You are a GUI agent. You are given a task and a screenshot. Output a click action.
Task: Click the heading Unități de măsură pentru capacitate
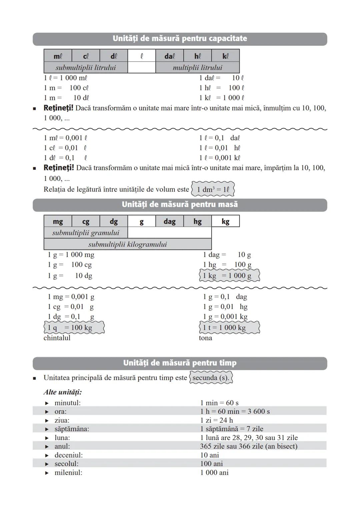coord(180,39)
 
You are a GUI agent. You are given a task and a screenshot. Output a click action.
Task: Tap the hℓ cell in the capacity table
coord(197,56)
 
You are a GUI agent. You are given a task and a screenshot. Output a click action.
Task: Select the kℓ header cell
coord(225,56)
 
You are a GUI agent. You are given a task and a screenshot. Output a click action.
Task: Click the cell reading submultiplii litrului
coord(86,68)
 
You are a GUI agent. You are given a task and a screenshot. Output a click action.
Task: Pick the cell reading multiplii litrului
coord(197,68)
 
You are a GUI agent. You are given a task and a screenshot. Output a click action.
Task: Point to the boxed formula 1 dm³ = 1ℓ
coord(213,189)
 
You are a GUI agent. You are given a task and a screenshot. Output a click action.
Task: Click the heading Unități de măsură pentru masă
coord(180,205)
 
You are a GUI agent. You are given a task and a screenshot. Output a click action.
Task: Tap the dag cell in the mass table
coord(169,222)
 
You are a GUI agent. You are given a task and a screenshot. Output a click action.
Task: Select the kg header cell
coord(225,222)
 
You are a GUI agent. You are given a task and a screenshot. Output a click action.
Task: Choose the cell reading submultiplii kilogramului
coord(127,245)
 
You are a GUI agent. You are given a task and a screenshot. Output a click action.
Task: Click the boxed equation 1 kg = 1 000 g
coord(229,276)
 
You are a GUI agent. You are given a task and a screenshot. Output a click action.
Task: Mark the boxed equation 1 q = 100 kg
coord(74,328)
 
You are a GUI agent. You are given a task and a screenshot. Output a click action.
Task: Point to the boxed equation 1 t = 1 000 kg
coord(229,328)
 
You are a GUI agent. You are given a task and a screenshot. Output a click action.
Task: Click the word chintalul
coord(57,338)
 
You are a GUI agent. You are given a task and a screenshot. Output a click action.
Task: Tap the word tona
coord(205,338)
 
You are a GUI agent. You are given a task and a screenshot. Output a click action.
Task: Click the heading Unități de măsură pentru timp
coord(180,363)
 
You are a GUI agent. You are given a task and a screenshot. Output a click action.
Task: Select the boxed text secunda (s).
coord(211,378)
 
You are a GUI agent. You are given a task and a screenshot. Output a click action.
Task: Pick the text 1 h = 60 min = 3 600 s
coord(235,411)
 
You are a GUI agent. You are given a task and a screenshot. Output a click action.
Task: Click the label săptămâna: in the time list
coord(72,429)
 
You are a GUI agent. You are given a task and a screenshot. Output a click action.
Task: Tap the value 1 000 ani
coord(214,472)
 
